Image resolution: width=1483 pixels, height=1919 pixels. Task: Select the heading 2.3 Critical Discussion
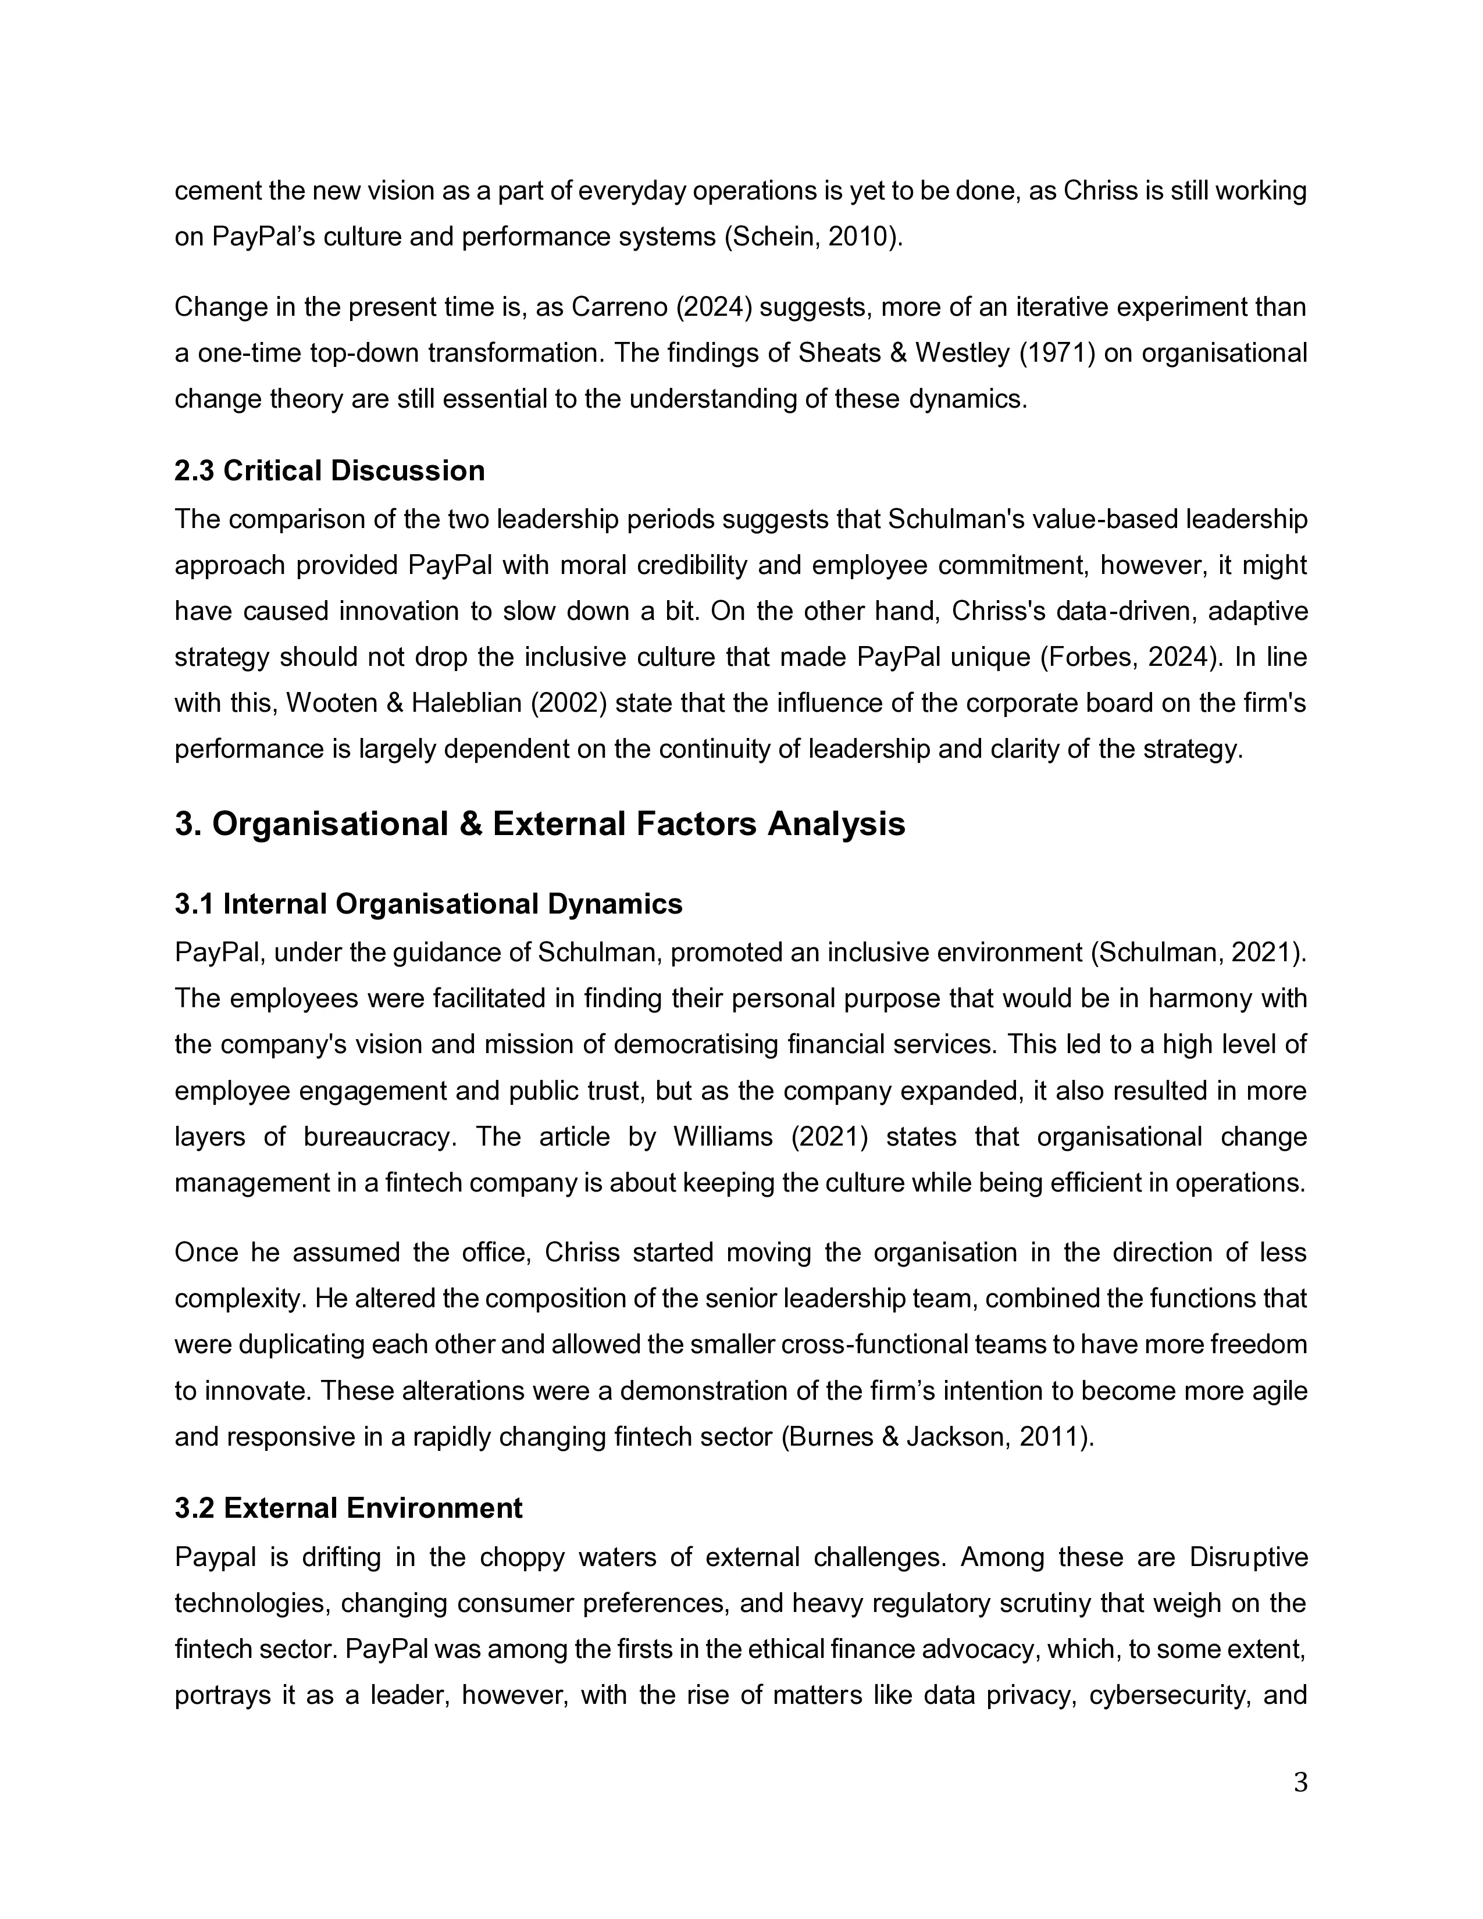[329, 471]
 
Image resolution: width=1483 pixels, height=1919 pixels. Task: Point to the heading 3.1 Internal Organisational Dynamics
[428, 904]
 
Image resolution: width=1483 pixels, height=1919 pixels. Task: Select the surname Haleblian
[435, 703]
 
